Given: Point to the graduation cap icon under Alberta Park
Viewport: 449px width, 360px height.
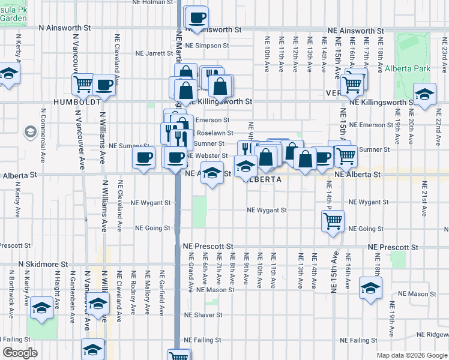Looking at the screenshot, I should coord(425,94).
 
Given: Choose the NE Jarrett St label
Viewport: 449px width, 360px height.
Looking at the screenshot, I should coord(154,53).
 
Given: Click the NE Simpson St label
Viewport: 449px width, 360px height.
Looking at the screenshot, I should coord(207,46).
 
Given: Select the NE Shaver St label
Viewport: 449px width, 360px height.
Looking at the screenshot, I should coord(203,314).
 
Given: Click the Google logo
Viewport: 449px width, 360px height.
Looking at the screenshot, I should coord(20,353).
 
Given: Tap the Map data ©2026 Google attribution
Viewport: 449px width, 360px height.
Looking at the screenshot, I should coord(411,355).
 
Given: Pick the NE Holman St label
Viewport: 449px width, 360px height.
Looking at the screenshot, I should coord(152,2).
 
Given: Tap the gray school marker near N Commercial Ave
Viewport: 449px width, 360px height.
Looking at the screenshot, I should coord(30,131).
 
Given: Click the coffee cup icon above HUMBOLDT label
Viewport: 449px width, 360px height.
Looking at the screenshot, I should coord(104,85).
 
